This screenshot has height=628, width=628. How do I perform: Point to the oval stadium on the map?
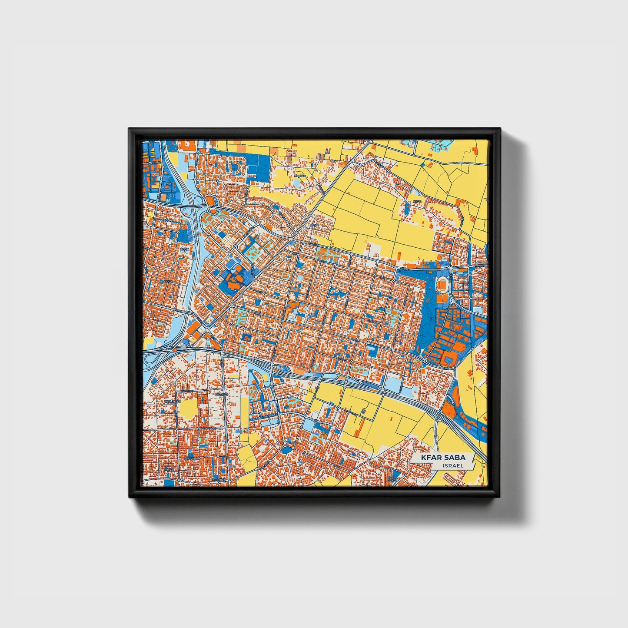[x=442, y=284]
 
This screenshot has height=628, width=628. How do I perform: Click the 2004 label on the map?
[x=169, y=221]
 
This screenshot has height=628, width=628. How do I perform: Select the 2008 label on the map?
[x=186, y=249]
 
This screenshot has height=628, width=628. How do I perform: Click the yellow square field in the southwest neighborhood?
[x=188, y=409]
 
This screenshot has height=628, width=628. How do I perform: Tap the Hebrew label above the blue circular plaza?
[x=290, y=442]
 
